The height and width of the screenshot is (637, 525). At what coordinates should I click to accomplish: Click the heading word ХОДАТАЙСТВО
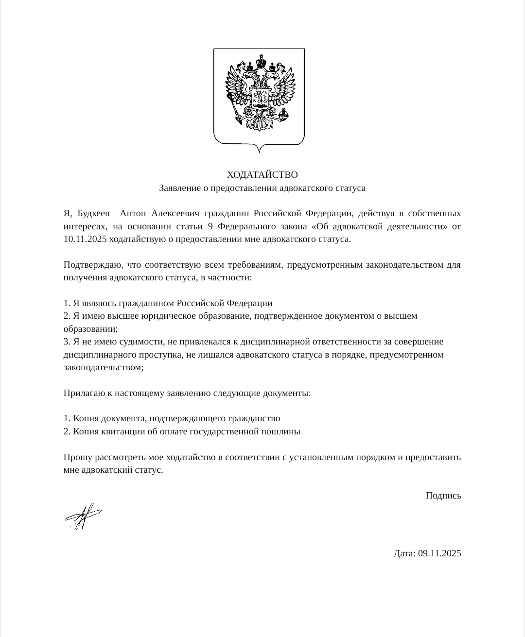[x=262, y=174]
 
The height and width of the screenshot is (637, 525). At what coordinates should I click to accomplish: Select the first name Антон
[x=133, y=213]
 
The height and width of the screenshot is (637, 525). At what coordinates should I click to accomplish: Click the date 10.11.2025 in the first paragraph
[x=85, y=239]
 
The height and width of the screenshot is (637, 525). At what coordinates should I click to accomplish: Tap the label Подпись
[x=443, y=496]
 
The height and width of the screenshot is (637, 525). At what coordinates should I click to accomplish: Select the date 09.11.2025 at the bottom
[x=439, y=553]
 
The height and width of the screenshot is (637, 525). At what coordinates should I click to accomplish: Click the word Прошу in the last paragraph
[x=75, y=457]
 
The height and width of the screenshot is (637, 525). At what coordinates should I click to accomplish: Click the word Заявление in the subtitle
[x=177, y=188]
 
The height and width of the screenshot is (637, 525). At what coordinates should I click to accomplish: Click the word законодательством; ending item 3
[x=104, y=367]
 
